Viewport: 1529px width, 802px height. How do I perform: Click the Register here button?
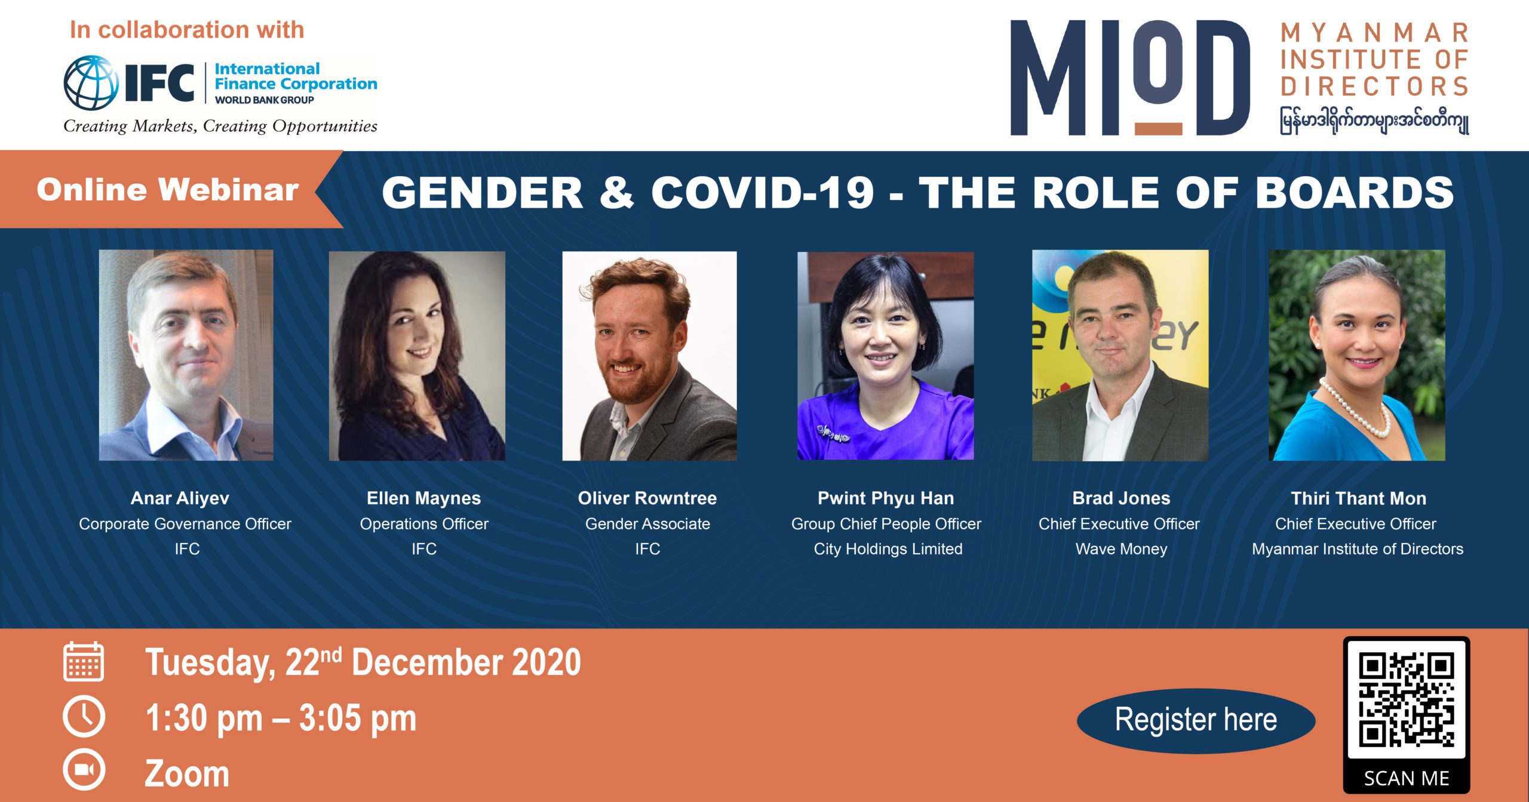1196,720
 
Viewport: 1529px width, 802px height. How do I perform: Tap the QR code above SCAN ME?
1406,699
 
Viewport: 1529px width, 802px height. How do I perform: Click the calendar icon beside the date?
84,662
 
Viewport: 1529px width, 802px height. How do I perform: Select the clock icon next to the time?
84,717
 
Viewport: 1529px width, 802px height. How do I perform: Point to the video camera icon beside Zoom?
84,770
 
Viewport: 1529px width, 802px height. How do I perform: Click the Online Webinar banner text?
167,190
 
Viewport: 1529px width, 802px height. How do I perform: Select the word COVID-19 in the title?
762,192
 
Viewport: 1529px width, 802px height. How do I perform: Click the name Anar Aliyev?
180,498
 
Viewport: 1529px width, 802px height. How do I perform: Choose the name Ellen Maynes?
423,498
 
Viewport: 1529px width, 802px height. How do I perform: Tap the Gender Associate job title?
647,523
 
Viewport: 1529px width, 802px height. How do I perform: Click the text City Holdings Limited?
888,548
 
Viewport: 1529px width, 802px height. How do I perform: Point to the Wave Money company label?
1121,548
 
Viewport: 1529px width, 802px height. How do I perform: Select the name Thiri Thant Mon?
1358,498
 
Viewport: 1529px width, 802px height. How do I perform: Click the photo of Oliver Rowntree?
649,356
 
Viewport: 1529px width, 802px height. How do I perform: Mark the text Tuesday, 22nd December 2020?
363,662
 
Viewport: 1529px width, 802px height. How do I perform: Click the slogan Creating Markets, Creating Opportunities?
220,126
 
